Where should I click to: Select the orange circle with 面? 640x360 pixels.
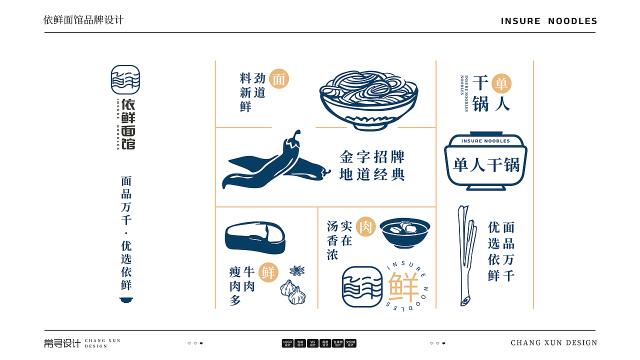coord(279,79)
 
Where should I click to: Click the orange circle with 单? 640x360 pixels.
coord(501,83)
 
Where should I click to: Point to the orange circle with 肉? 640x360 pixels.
coord(365,227)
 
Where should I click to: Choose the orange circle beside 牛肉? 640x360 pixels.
coord(268,272)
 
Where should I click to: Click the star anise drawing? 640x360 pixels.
coord(297,271)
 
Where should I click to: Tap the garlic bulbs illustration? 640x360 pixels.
coord(293,292)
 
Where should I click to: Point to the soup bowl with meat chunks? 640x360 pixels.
coord(404,232)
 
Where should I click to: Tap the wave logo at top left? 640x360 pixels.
coord(125,80)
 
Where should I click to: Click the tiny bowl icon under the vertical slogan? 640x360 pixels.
coord(126,299)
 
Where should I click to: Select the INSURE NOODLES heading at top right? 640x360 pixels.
coord(549,21)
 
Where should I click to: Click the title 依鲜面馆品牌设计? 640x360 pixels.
coord(83,20)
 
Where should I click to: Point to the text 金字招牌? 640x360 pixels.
coord(372,157)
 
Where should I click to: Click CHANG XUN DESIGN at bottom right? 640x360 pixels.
coord(553,343)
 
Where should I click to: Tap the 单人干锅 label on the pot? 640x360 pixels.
coord(486,165)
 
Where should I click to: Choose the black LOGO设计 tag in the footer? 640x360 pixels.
coord(287,343)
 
